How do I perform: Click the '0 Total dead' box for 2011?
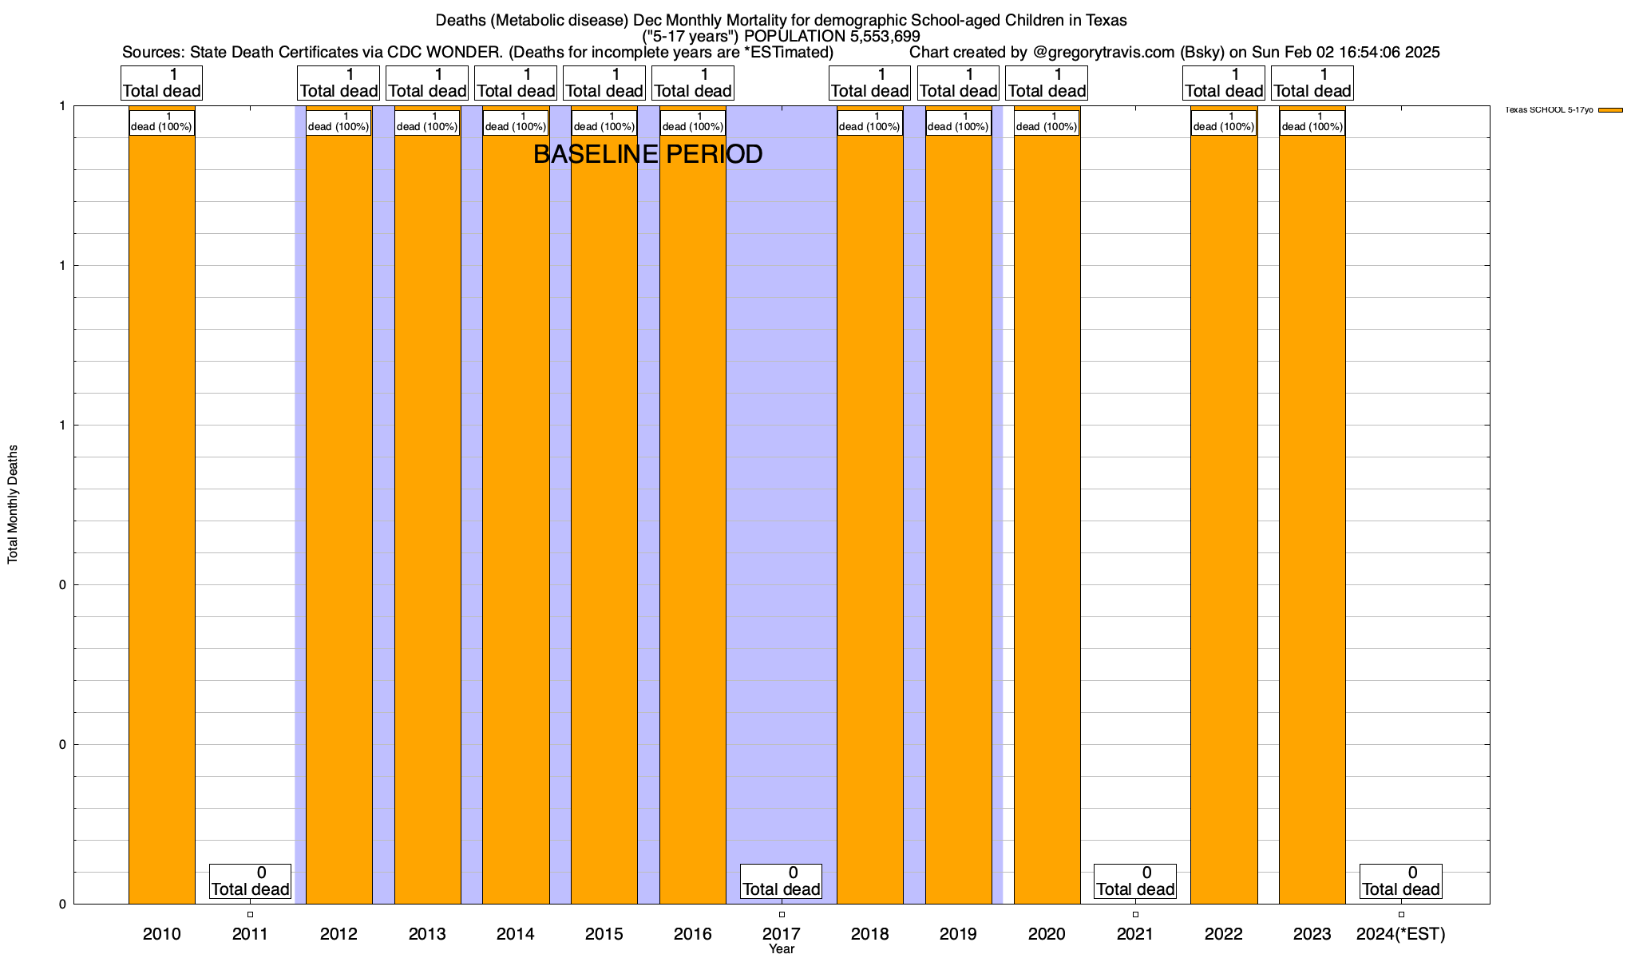coord(250,881)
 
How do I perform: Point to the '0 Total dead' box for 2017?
coord(782,881)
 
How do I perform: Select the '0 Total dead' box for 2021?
coord(1134,881)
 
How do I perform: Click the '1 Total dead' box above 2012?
coord(338,83)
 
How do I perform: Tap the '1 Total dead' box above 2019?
coord(958,83)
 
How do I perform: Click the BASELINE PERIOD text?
coord(647,154)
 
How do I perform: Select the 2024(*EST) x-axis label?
coord(1400,933)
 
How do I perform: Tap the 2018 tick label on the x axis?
coord(869,933)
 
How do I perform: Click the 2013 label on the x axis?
coord(427,933)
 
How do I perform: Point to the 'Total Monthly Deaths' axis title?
coord(13,505)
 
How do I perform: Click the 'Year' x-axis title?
coord(782,948)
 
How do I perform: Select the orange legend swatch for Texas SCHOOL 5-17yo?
coord(1610,110)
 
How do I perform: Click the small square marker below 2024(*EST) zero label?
coord(1401,914)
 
